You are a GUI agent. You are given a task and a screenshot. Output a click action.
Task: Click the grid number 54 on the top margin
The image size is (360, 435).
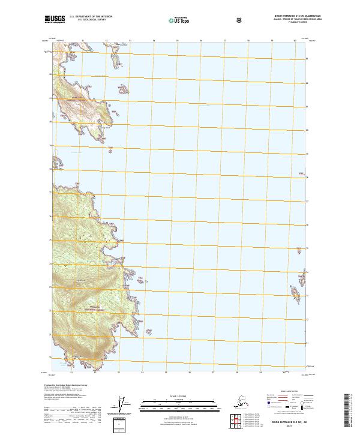(154, 41)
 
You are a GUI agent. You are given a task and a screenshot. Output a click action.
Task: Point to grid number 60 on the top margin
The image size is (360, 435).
(295, 41)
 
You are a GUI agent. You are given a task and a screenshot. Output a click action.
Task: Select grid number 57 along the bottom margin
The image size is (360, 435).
(224, 373)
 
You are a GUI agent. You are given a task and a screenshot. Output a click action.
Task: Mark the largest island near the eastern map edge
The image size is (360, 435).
(296, 294)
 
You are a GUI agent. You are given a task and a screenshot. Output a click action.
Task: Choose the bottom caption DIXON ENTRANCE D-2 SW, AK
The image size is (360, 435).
(285, 422)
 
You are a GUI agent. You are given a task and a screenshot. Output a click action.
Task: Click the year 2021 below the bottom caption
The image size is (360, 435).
(285, 427)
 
